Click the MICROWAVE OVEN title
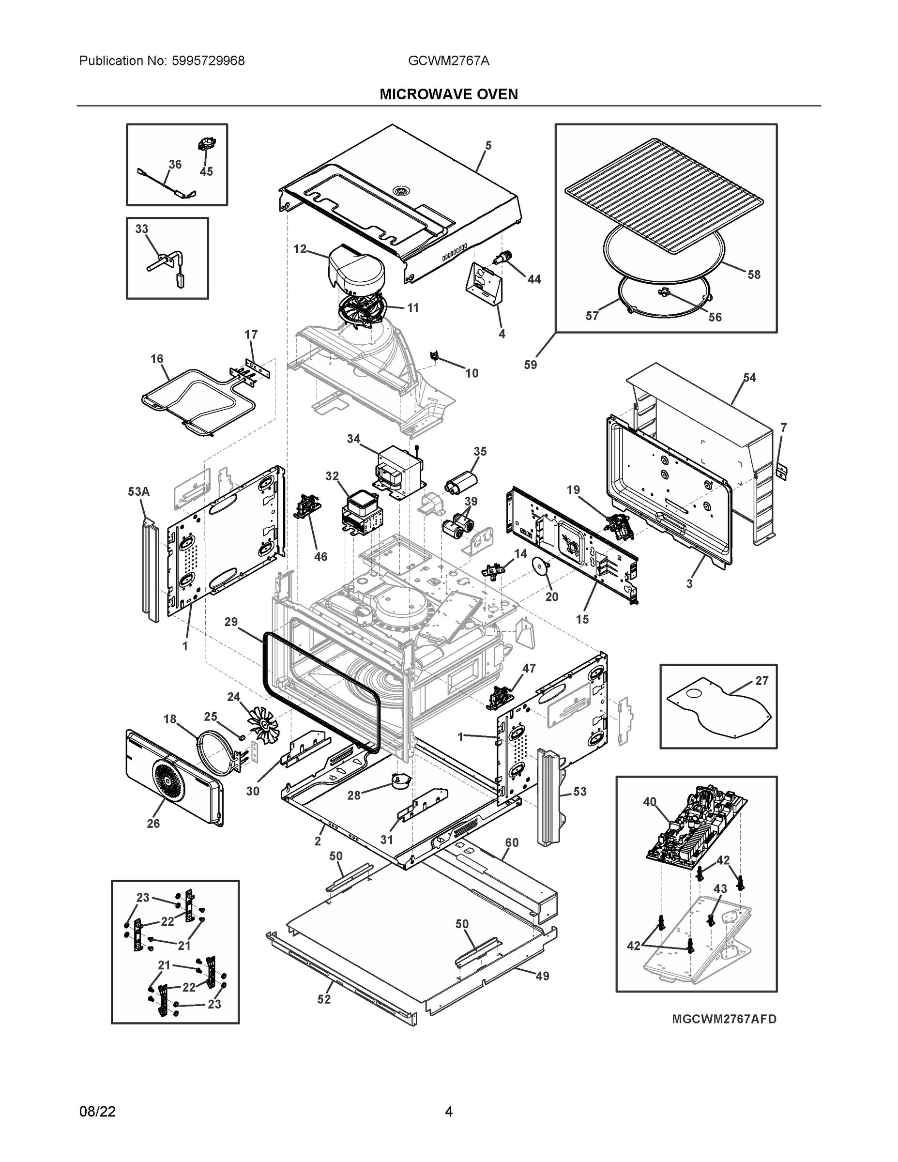[448, 94]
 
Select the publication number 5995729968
[208, 61]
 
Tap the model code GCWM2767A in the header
[448, 61]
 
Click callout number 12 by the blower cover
[300, 248]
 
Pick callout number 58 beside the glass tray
[754, 275]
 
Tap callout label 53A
[139, 491]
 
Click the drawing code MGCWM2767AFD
[724, 1019]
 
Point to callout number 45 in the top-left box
[206, 171]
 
